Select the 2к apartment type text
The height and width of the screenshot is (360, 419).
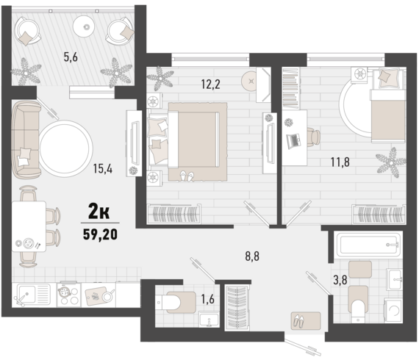click(100, 212)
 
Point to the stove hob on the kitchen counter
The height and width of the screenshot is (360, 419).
click(68, 294)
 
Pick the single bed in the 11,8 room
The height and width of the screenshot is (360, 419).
click(382, 112)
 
